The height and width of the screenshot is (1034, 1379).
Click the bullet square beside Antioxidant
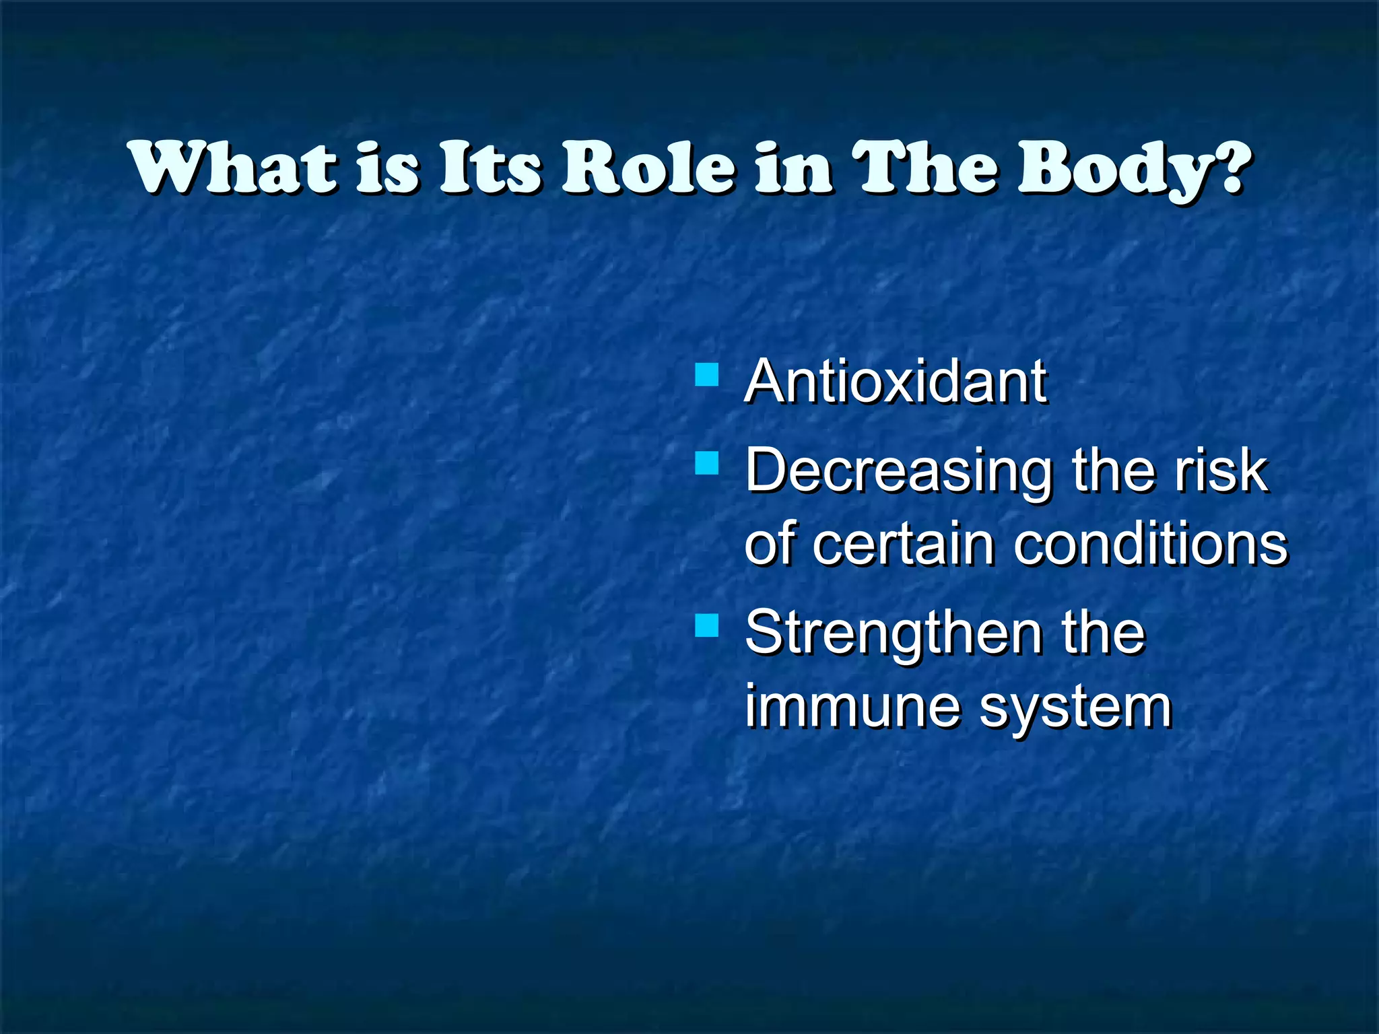click(706, 374)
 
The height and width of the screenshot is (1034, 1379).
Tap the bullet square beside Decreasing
click(706, 464)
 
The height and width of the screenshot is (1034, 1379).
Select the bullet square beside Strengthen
click(706, 625)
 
